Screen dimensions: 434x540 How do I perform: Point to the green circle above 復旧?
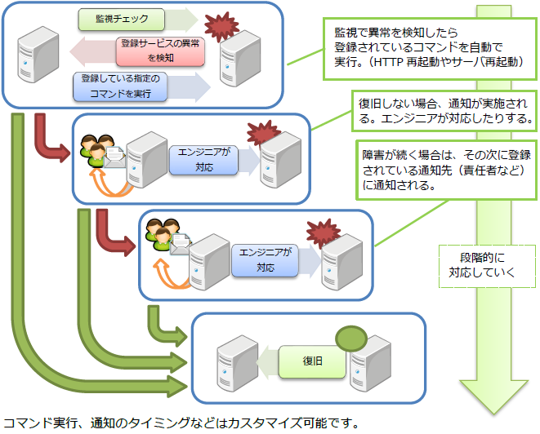[350, 337]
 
